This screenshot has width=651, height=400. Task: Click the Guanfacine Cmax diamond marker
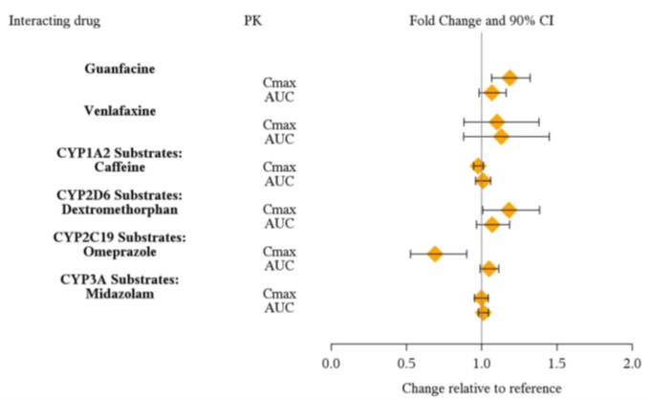pyautogui.click(x=510, y=78)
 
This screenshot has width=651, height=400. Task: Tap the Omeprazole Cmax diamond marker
pyautogui.click(x=435, y=254)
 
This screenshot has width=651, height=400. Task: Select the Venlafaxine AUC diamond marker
pyautogui.click(x=501, y=136)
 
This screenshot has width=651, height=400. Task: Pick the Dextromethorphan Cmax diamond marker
pyautogui.click(x=509, y=210)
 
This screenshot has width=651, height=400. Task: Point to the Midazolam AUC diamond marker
pyautogui.click(x=483, y=312)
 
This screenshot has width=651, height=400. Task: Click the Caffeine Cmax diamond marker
pyautogui.click(x=478, y=167)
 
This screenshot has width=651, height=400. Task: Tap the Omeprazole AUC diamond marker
pyautogui.click(x=488, y=268)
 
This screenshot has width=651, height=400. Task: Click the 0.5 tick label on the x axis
pyautogui.click(x=406, y=364)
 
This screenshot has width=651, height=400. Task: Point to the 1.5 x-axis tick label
pyautogui.click(x=556, y=364)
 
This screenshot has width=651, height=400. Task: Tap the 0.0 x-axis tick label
pyautogui.click(x=332, y=364)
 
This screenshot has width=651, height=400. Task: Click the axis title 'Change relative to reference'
pyautogui.click(x=481, y=388)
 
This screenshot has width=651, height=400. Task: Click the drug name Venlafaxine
pyautogui.click(x=120, y=110)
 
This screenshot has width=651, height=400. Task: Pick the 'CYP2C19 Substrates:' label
pyautogui.click(x=120, y=237)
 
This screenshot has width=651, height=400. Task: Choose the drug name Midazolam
pyautogui.click(x=120, y=294)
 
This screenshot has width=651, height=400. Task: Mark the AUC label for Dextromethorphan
pyautogui.click(x=280, y=225)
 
